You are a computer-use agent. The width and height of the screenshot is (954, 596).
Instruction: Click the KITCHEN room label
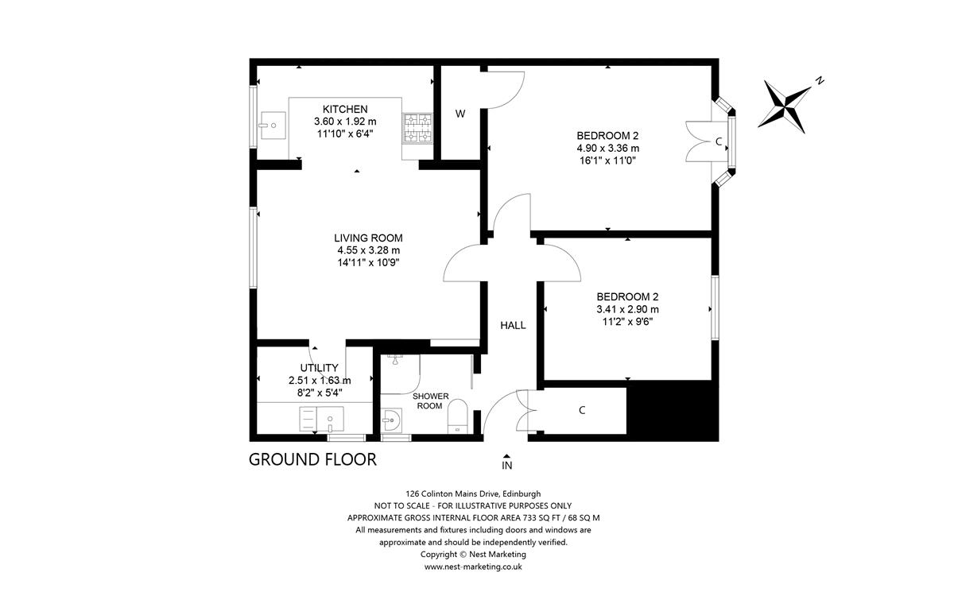(345, 109)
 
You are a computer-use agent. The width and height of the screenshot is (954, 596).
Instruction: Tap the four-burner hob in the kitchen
(419, 129)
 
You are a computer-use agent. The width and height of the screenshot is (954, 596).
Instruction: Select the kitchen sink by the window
(272, 125)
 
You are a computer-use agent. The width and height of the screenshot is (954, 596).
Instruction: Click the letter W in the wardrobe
(460, 114)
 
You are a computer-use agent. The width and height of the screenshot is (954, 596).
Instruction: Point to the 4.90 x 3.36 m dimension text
(607, 148)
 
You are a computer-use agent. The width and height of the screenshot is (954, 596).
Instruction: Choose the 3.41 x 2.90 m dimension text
(627, 310)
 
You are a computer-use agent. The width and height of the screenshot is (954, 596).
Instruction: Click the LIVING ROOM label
(368, 238)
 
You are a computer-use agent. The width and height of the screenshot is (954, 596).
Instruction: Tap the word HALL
(513, 325)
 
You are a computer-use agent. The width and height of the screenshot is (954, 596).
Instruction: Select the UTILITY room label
(320, 368)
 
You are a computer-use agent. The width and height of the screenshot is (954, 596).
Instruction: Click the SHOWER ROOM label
(430, 401)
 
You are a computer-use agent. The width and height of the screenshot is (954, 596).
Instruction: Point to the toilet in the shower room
(457, 416)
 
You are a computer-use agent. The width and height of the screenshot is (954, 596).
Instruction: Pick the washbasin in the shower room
(390, 417)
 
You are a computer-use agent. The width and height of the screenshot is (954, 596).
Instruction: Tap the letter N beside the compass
(819, 80)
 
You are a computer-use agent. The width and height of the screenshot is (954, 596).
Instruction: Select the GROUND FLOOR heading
(312, 459)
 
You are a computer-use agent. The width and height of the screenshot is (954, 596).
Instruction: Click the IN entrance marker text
(507, 465)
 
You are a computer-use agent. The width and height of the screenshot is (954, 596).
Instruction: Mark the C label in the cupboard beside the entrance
(582, 410)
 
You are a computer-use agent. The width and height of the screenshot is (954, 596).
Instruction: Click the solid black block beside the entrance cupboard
(673, 408)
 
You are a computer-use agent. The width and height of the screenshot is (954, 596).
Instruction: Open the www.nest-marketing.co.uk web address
(472, 567)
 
